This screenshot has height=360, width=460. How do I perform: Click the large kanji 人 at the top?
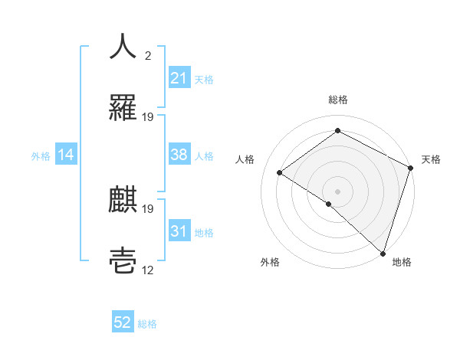[123, 47]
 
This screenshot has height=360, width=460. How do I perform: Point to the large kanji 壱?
[123, 260]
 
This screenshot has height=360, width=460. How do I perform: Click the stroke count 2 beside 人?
[147, 56]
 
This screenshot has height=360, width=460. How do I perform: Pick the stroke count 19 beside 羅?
[148, 116]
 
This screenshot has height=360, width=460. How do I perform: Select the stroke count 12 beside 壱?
[148, 270]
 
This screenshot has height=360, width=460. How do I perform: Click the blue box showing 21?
[179, 78]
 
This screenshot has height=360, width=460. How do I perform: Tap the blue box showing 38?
[179, 155]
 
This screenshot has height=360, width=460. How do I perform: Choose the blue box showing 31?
[179, 231]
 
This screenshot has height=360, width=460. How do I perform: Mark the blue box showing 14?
[66, 155]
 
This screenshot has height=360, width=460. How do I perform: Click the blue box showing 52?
[123, 322]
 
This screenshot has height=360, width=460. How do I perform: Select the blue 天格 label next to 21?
[204, 79]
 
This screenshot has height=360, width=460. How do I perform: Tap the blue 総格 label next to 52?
[147, 323]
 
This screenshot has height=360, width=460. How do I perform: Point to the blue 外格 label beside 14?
[41, 155]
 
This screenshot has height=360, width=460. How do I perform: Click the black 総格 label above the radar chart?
[337, 100]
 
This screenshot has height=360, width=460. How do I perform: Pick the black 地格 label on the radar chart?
[402, 262]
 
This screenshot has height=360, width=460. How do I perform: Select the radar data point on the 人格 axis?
[280, 172]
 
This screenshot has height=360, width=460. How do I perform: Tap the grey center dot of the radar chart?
[337, 190]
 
